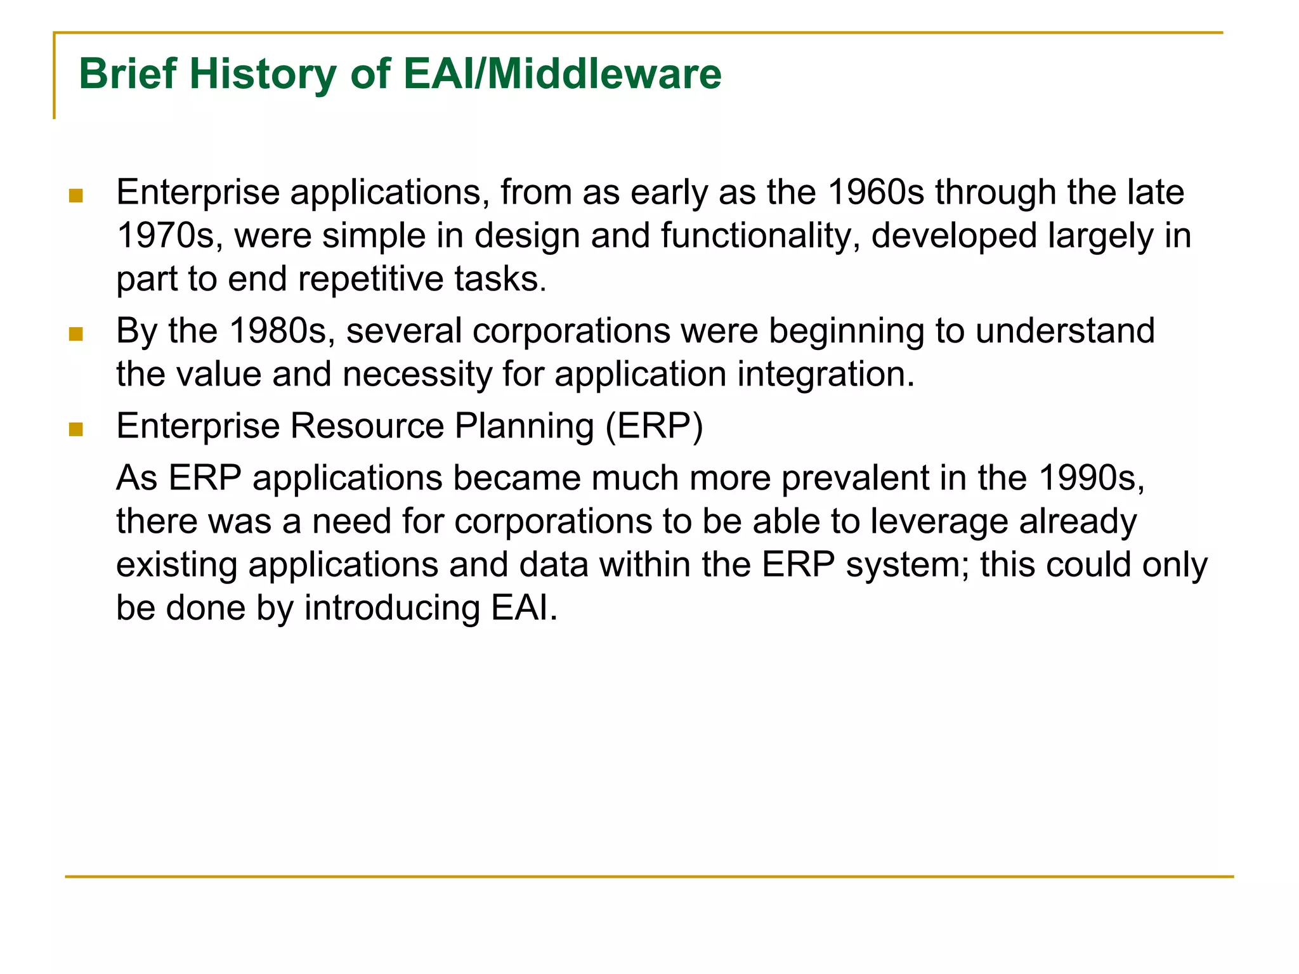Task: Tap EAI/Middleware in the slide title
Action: click(x=562, y=75)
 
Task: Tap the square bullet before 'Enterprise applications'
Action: click(x=76, y=195)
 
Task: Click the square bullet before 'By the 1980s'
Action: click(x=76, y=334)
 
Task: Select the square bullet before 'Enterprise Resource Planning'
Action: click(x=76, y=429)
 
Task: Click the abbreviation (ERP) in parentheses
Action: click(x=654, y=426)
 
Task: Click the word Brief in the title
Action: click(x=127, y=75)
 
